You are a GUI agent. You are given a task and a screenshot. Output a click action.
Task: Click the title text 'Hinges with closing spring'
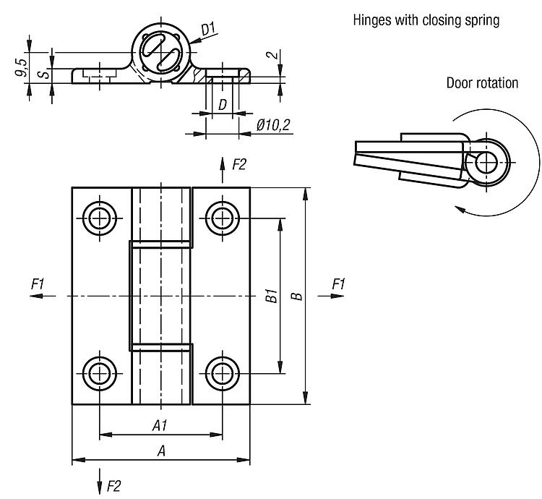click(426, 20)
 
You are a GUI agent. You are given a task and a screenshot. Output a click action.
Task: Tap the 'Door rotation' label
click(482, 83)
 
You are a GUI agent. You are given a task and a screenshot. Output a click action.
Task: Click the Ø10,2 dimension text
click(273, 125)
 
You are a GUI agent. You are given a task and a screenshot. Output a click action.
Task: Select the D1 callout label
click(208, 29)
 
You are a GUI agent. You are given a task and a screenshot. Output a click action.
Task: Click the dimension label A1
click(160, 425)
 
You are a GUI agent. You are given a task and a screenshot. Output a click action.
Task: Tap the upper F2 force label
click(239, 164)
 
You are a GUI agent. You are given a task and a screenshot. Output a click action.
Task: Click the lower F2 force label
click(113, 486)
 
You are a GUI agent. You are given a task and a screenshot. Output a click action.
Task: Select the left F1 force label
click(38, 284)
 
